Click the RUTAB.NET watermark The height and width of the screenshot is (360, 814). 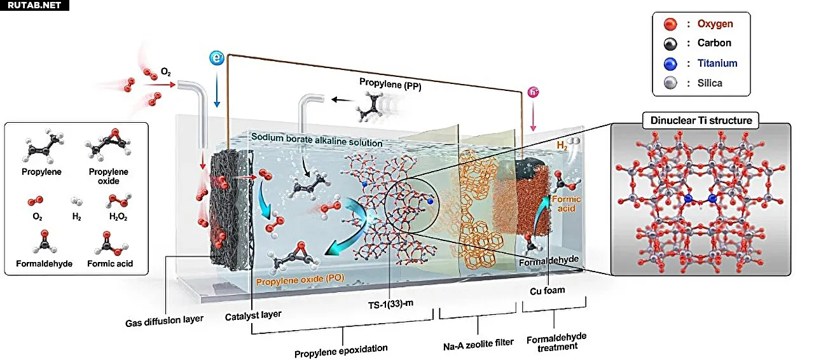point(34,6)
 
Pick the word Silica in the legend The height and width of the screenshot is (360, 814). point(710,83)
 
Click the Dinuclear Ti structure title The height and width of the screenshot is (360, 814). point(701,120)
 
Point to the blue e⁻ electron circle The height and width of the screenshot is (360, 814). point(217,59)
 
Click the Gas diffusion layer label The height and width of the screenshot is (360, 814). point(165,319)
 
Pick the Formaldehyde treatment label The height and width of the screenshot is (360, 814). point(556,341)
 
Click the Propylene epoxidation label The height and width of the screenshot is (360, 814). point(341,348)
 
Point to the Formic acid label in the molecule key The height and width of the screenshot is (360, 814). point(110,263)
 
